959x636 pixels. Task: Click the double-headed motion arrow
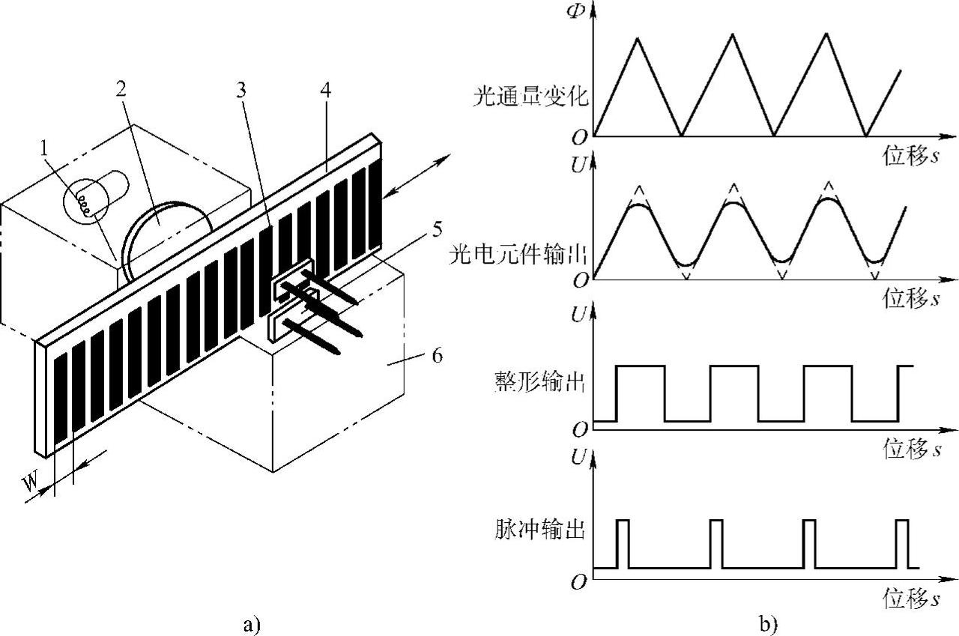click(417, 175)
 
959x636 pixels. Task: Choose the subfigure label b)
click(769, 621)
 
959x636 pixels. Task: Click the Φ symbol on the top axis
click(575, 13)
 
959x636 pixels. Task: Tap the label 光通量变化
click(529, 97)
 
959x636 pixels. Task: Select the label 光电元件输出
click(517, 254)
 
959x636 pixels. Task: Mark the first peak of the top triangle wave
click(638, 37)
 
